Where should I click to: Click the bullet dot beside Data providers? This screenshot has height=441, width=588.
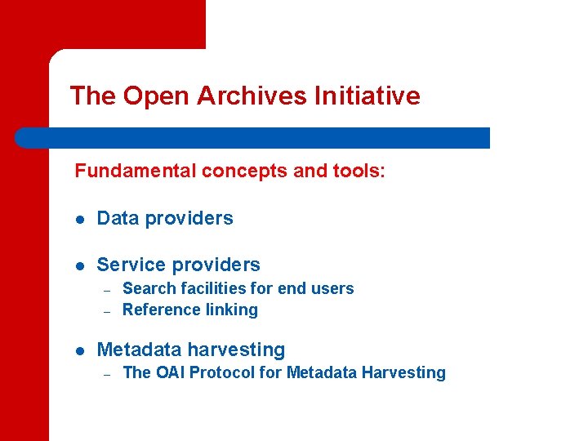[x=80, y=219]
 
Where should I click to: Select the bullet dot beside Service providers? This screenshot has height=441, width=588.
[x=80, y=265]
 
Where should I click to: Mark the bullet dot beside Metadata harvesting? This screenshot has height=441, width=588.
[x=80, y=351]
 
